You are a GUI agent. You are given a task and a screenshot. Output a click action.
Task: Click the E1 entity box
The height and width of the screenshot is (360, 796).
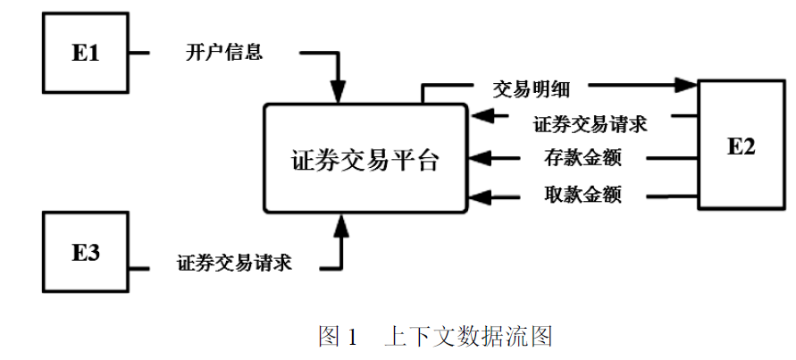[85, 54]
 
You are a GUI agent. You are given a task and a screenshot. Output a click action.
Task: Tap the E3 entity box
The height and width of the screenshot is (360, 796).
[85, 252]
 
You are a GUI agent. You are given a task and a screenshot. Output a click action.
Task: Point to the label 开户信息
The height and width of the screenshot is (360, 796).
[224, 53]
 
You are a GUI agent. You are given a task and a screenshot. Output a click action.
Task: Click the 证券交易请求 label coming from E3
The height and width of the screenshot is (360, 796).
[234, 264]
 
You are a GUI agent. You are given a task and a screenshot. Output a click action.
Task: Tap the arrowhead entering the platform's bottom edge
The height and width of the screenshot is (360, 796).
[339, 225]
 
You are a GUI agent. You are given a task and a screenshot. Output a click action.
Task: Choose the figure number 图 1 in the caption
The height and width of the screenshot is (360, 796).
[338, 337]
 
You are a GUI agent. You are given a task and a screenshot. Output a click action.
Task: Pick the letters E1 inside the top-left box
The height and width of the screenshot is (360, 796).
[85, 54]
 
